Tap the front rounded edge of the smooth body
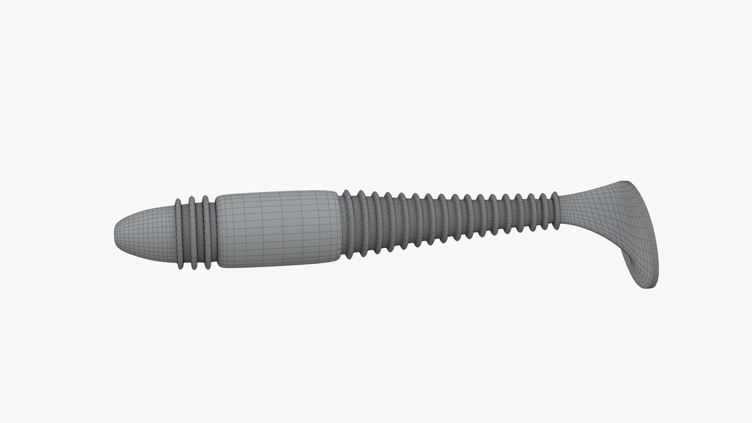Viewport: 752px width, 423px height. [x=217, y=231]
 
